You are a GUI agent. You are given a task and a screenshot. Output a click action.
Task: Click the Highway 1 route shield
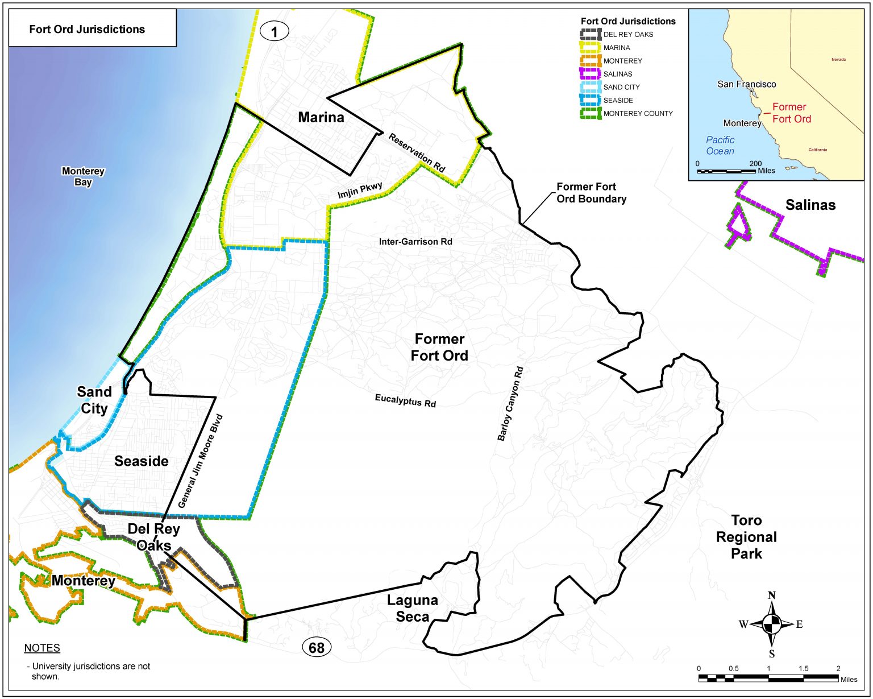(x=275, y=31)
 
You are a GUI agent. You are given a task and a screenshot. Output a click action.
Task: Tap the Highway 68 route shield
(x=316, y=647)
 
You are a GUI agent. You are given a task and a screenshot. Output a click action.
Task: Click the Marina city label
(x=321, y=117)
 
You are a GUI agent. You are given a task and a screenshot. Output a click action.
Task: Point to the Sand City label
(x=94, y=400)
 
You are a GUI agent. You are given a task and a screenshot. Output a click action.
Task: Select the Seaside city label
(x=142, y=461)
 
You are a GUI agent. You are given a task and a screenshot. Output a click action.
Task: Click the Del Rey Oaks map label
(x=153, y=537)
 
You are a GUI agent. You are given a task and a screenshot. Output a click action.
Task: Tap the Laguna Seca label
(x=413, y=608)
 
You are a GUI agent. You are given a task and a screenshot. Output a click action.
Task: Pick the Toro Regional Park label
(x=746, y=537)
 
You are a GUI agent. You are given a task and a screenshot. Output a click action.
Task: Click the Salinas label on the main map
(x=810, y=205)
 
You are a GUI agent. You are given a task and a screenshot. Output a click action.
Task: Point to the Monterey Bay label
(x=83, y=176)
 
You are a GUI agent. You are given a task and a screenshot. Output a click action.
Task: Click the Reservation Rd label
(x=417, y=152)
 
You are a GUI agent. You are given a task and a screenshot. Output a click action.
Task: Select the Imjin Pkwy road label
(x=360, y=191)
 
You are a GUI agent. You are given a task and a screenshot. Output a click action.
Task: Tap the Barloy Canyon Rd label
(x=510, y=404)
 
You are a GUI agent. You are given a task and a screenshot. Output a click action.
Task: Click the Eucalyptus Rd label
(x=405, y=400)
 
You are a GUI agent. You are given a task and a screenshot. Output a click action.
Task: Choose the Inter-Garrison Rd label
(x=415, y=242)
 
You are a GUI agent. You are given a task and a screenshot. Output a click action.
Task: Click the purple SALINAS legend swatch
(x=591, y=74)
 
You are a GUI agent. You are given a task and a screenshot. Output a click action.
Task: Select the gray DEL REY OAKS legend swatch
(x=591, y=35)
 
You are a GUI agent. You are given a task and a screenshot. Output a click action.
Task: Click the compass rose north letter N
(x=772, y=595)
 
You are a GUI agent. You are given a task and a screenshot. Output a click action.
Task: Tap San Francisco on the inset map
(x=746, y=84)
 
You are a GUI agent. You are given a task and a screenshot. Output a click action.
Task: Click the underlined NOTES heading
(x=42, y=648)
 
